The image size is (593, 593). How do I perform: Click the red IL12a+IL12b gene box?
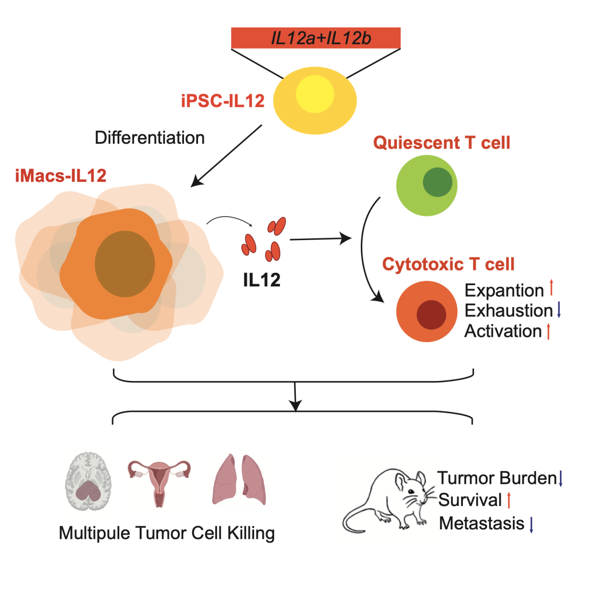coord(316,38)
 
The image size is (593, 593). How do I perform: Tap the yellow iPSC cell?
coord(315,101)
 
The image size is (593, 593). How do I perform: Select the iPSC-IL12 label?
coord(223,101)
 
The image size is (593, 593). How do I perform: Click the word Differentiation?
coord(149,138)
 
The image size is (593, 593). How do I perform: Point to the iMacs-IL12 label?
coord(61,176)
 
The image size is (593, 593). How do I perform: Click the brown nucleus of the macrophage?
coord(124,264)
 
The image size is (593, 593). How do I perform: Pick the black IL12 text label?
coord(262,280)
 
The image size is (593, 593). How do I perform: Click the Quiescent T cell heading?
coord(441,142)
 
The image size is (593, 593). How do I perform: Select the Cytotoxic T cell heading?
coord(448,264)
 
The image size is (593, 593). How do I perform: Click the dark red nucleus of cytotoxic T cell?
coord(431,315)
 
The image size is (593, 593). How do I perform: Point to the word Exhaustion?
coord(509,310)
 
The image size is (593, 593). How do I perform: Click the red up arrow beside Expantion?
coord(551,287)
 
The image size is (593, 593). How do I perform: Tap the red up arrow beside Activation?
coord(548,331)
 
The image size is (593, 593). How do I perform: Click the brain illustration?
coord(88,481)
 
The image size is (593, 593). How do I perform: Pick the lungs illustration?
coord(239,480)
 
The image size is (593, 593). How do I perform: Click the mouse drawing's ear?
coord(402,482)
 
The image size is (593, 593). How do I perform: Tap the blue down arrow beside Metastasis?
coord(531,525)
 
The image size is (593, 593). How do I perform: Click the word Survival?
coord(470,500)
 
